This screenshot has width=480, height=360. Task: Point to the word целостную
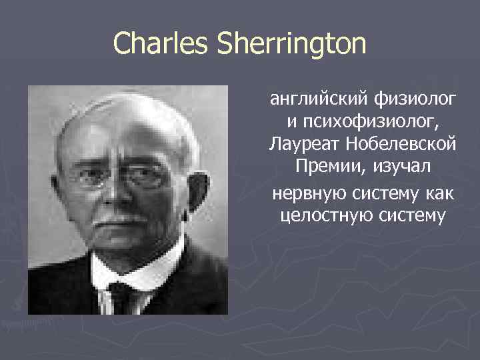pyautogui.click(x=319, y=216)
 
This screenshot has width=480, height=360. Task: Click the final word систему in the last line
pyautogui.click(x=404, y=216)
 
